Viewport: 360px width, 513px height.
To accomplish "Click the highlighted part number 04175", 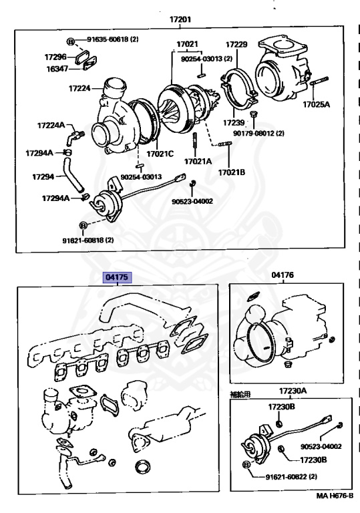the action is (117, 277).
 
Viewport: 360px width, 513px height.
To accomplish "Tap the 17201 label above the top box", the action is (180, 19).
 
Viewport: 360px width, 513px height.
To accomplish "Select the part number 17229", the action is (236, 44).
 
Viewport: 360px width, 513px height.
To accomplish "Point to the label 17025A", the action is (316, 104).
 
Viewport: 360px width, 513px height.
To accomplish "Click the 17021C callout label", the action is (160, 154).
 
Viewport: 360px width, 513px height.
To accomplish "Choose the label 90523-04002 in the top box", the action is (192, 201).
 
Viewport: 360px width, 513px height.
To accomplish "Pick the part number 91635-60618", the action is (108, 39).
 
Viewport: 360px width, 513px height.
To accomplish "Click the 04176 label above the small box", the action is (283, 275).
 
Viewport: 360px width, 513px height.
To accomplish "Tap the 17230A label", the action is (293, 391).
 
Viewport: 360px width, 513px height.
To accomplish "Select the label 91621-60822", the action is (287, 477).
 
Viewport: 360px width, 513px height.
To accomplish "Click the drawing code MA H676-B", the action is (335, 496).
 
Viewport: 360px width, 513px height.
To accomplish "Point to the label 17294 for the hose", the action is (43, 176).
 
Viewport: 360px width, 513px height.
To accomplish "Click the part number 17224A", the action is (51, 126).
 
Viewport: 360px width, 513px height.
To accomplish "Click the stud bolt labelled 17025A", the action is (319, 80).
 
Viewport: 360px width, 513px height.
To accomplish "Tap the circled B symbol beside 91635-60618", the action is (70, 41).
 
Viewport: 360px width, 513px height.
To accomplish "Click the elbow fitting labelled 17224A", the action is (75, 138).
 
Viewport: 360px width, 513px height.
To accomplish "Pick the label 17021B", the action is (232, 172).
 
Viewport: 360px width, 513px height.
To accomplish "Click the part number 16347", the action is (57, 69).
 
